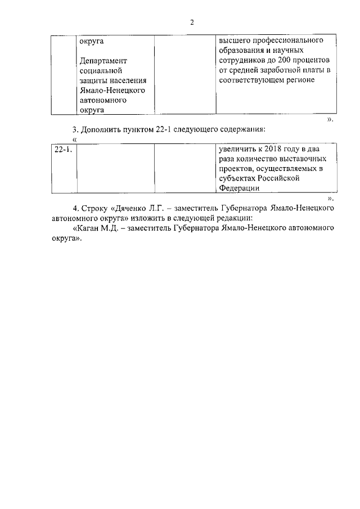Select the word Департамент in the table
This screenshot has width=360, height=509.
[104, 60]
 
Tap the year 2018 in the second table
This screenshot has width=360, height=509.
[274, 150]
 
